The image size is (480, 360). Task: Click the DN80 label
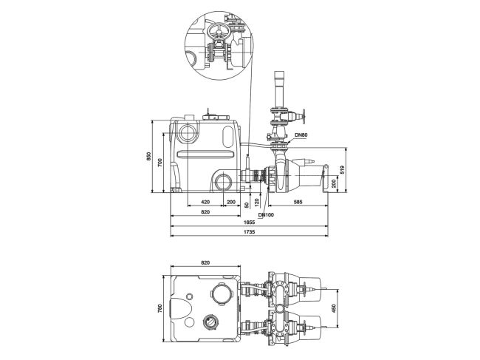pyautogui.click(x=301, y=135)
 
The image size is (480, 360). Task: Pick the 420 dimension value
pyautogui.click(x=205, y=201)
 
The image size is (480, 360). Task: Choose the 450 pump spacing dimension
pyautogui.click(x=333, y=307)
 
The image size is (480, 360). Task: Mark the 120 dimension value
pyautogui.click(x=256, y=201)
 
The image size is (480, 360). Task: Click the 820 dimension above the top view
pyautogui.click(x=205, y=262)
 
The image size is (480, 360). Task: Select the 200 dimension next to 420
pyautogui.click(x=230, y=201)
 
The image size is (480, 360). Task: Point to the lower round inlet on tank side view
pyautogui.click(x=224, y=181)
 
